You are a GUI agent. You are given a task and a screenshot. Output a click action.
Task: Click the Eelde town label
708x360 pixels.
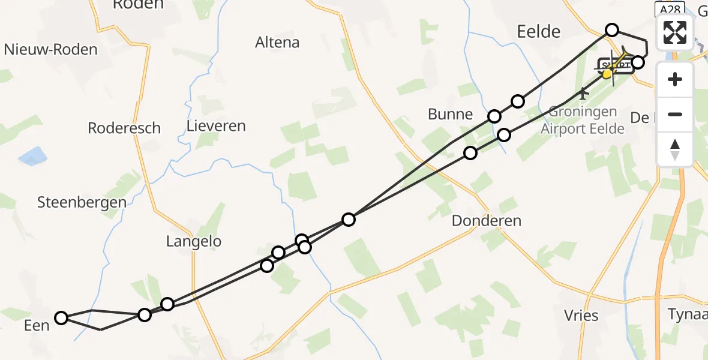[x=538, y=31]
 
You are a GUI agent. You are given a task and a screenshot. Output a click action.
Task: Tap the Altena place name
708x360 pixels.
[x=277, y=43]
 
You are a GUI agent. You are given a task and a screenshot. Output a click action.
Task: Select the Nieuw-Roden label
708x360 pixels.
[x=51, y=49]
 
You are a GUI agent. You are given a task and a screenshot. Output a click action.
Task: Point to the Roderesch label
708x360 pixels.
[x=124, y=128]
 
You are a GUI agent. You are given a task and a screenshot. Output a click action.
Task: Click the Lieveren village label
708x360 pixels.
[x=216, y=126]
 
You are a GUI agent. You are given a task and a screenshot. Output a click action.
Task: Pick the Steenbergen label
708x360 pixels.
[x=82, y=202]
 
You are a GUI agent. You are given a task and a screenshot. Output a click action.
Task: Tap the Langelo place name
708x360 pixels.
[x=194, y=242]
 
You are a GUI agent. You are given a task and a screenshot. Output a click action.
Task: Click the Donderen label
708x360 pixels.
[x=487, y=221]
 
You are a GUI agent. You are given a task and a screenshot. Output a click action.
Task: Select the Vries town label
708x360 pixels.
[x=581, y=316]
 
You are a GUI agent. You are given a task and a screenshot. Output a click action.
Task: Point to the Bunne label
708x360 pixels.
[x=450, y=114]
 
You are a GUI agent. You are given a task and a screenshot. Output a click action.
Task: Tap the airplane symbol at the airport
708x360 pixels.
[x=583, y=94]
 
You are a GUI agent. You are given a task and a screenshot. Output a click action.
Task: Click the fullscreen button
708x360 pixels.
[x=675, y=32]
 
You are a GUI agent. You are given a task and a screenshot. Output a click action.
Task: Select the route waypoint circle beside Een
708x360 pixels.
[x=61, y=318]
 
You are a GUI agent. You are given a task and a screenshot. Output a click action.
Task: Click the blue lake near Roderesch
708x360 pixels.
[x=33, y=157]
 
